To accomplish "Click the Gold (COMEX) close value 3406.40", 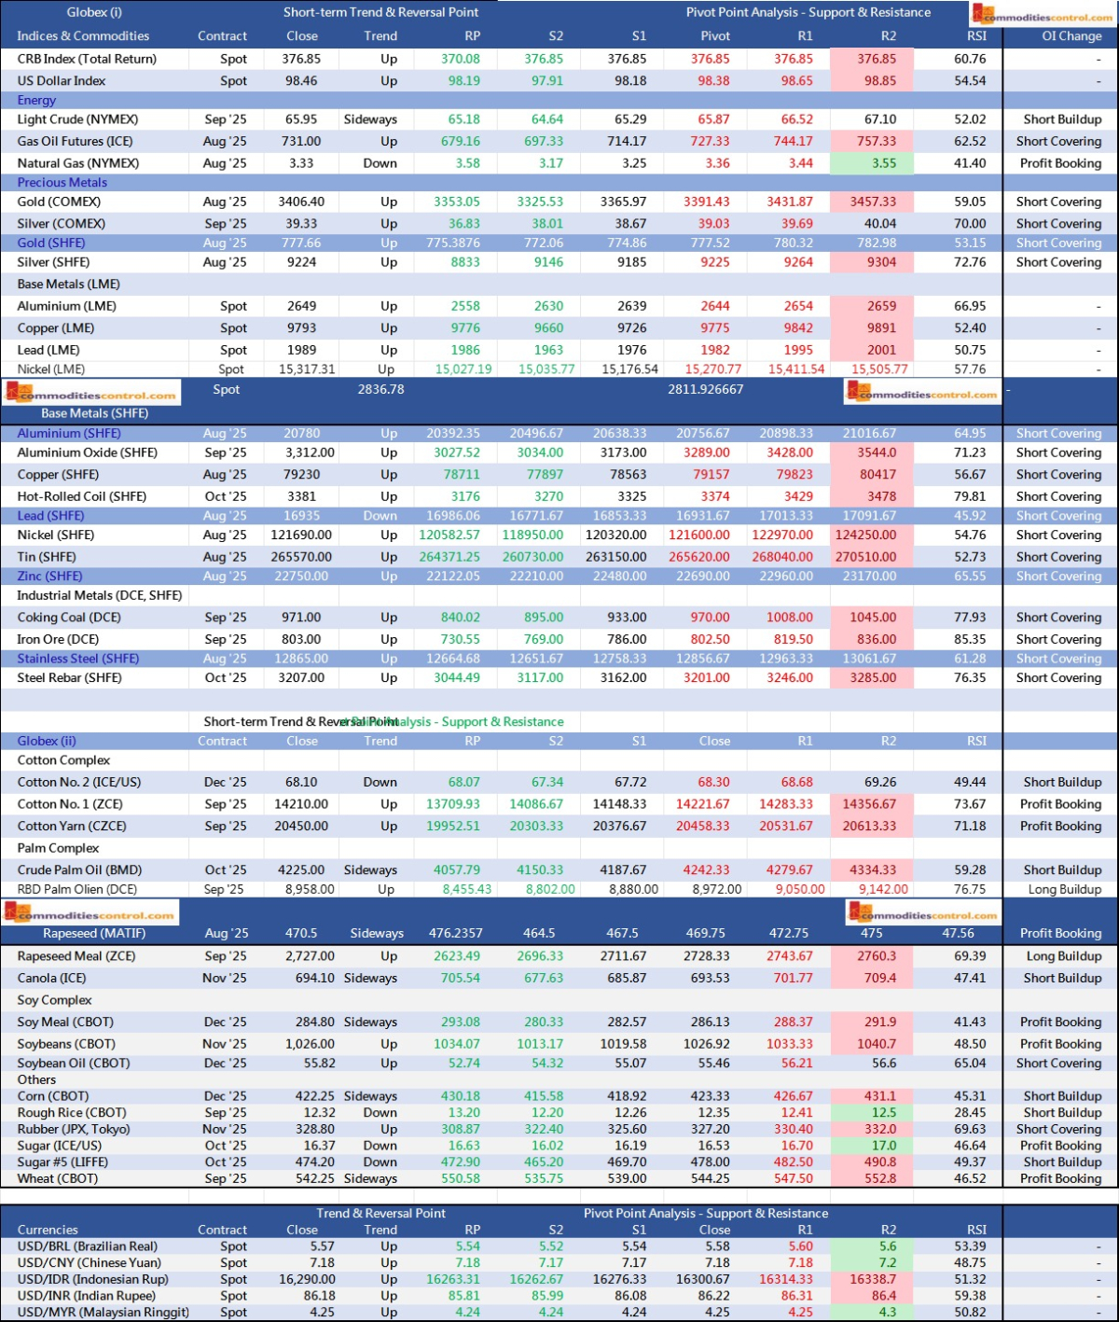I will [x=301, y=202].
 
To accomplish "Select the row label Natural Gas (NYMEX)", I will [x=78, y=163].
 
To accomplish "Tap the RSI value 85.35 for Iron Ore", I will [x=970, y=639].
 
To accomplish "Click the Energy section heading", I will [x=36, y=100].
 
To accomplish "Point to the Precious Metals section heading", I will [x=62, y=183].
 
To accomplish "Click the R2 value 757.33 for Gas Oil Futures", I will [x=877, y=142].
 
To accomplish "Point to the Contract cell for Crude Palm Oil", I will [x=226, y=870].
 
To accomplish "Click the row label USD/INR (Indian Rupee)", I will [x=86, y=1296].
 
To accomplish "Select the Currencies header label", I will [x=48, y=1230].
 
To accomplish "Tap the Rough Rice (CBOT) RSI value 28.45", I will [x=970, y=1112].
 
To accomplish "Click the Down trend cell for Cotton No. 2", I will [x=380, y=782].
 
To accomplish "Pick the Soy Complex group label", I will [x=54, y=1000].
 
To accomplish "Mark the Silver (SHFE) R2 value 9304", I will [x=881, y=262].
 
